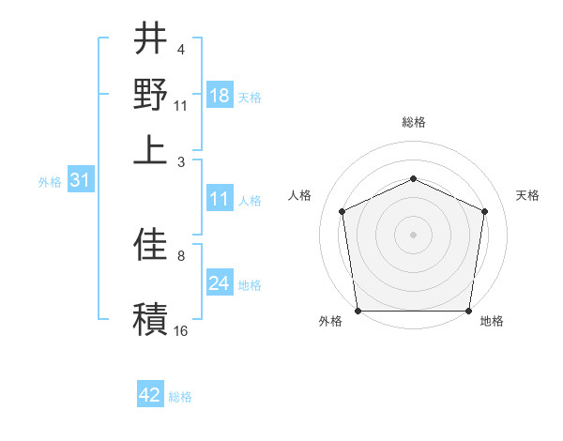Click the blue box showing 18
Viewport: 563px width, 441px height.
point(220,96)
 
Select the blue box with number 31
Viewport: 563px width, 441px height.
point(79,181)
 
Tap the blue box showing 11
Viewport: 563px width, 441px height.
point(220,199)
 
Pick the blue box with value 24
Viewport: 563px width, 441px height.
point(220,283)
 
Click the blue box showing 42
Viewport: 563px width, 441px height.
point(150,395)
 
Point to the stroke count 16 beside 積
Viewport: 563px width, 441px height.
point(181,331)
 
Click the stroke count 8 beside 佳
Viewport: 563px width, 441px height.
point(181,255)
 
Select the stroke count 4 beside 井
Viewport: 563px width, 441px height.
point(181,49)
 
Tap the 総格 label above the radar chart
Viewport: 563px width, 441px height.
point(413,122)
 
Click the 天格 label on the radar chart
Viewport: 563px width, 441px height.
point(528,195)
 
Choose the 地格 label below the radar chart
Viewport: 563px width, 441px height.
point(492,322)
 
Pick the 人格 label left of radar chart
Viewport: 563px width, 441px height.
point(300,195)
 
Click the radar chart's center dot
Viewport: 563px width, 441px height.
point(413,234)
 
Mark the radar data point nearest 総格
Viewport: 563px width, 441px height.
point(413,178)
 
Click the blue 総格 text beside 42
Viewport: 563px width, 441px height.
point(180,397)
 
